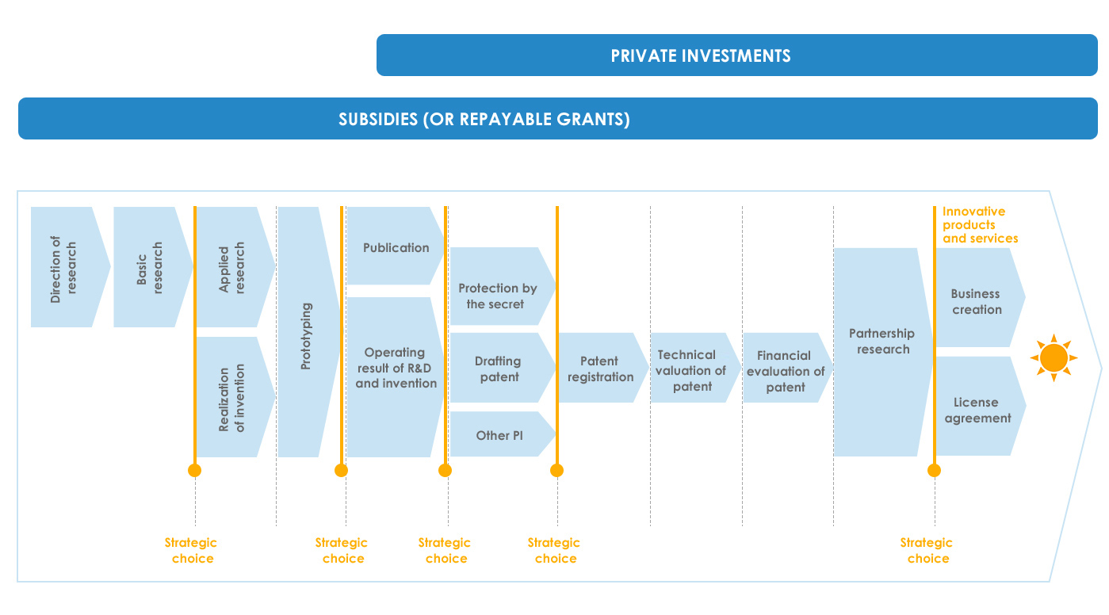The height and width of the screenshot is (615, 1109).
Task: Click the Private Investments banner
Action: point(736,55)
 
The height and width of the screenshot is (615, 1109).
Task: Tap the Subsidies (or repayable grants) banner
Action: point(558,118)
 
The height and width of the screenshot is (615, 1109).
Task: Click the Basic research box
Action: point(153,267)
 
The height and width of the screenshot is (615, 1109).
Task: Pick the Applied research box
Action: point(235,267)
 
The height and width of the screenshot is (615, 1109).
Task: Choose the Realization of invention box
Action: point(235,396)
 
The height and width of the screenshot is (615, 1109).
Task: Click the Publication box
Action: point(395,246)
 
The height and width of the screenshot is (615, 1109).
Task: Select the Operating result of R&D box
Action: point(395,376)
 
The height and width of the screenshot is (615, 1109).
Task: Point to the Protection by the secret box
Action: point(502,286)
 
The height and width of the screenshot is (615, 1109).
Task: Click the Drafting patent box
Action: point(502,368)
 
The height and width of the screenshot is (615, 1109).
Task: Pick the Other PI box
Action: point(502,434)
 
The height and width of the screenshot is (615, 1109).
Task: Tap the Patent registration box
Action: point(603,368)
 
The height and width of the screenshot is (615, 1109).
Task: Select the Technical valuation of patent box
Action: point(695,368)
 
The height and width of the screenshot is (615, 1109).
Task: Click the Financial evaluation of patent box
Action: point(787,368)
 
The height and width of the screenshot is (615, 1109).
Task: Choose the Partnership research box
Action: point(883,352)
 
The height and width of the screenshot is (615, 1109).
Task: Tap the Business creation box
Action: point(980,297)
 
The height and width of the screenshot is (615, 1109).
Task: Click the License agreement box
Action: point(980,406)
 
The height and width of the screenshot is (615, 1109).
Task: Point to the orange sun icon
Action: point(1054,357)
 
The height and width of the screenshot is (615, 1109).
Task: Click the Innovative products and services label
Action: point(980,225)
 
